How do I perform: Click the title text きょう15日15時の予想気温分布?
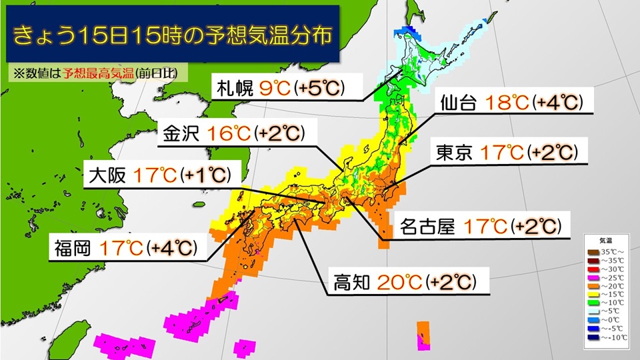[x=168, y=35]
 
